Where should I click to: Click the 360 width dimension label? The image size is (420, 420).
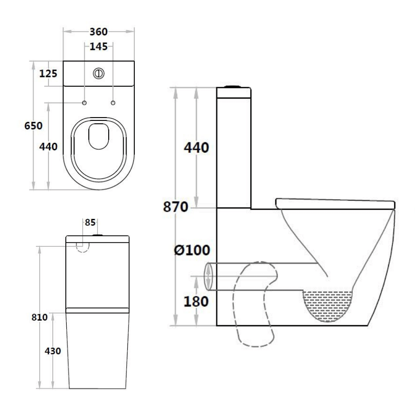(98, 32)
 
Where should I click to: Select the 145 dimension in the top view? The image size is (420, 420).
(98, 46)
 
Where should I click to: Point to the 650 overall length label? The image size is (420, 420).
(34, 126)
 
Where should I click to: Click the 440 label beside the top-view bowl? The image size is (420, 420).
(49, 147)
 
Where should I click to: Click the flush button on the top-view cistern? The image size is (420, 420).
(99, 73)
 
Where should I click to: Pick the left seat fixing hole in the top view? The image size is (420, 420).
(84, 103)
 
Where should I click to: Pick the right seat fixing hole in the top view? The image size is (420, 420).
(113, 103)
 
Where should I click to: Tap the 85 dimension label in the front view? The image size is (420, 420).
(90, 222)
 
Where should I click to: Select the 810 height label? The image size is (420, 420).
(40, 317)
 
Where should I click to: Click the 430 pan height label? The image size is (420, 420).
(53, 350)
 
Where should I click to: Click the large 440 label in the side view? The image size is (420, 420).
(196, 148)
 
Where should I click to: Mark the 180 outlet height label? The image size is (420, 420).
(196, 301)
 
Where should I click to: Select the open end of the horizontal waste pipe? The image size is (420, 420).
(209, 277)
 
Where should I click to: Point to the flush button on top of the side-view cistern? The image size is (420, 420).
(234, 87)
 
